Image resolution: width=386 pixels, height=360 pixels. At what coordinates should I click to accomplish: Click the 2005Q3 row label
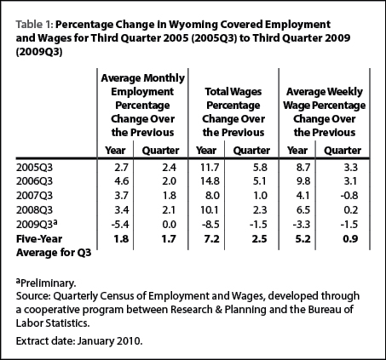pos(34,168)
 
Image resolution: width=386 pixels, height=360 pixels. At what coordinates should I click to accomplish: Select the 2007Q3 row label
pos(34,196)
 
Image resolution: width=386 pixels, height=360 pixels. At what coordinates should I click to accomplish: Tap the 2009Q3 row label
pos(37,224)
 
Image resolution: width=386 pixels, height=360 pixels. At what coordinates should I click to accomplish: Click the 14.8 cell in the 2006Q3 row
pos(210,181)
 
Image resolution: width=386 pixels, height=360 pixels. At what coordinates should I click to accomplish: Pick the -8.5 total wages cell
pos(210,225)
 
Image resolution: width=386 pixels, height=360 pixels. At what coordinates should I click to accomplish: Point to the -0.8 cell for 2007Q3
pos(349,196)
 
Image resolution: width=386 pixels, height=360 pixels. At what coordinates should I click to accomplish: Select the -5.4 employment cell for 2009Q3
pos(119,225)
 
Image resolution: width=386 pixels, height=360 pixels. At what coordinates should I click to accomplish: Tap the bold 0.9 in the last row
pos(350,239)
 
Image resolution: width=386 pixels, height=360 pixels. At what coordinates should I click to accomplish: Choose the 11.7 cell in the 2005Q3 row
pos(210,168)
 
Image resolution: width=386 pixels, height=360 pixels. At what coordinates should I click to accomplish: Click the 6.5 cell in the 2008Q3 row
pos(302,210)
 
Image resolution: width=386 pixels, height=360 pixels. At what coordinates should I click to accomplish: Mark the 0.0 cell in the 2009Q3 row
pos(169,225)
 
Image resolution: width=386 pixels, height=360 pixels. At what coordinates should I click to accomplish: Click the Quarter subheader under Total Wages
pos(251,151)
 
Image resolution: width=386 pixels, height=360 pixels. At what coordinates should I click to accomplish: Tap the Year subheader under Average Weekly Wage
pos(297,150)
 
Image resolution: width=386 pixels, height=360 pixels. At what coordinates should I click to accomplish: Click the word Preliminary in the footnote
pos(48,283)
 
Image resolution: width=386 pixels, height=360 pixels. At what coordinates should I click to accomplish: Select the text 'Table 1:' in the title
pos(34,25)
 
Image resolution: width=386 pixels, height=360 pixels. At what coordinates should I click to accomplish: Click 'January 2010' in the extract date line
pos(110,340)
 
